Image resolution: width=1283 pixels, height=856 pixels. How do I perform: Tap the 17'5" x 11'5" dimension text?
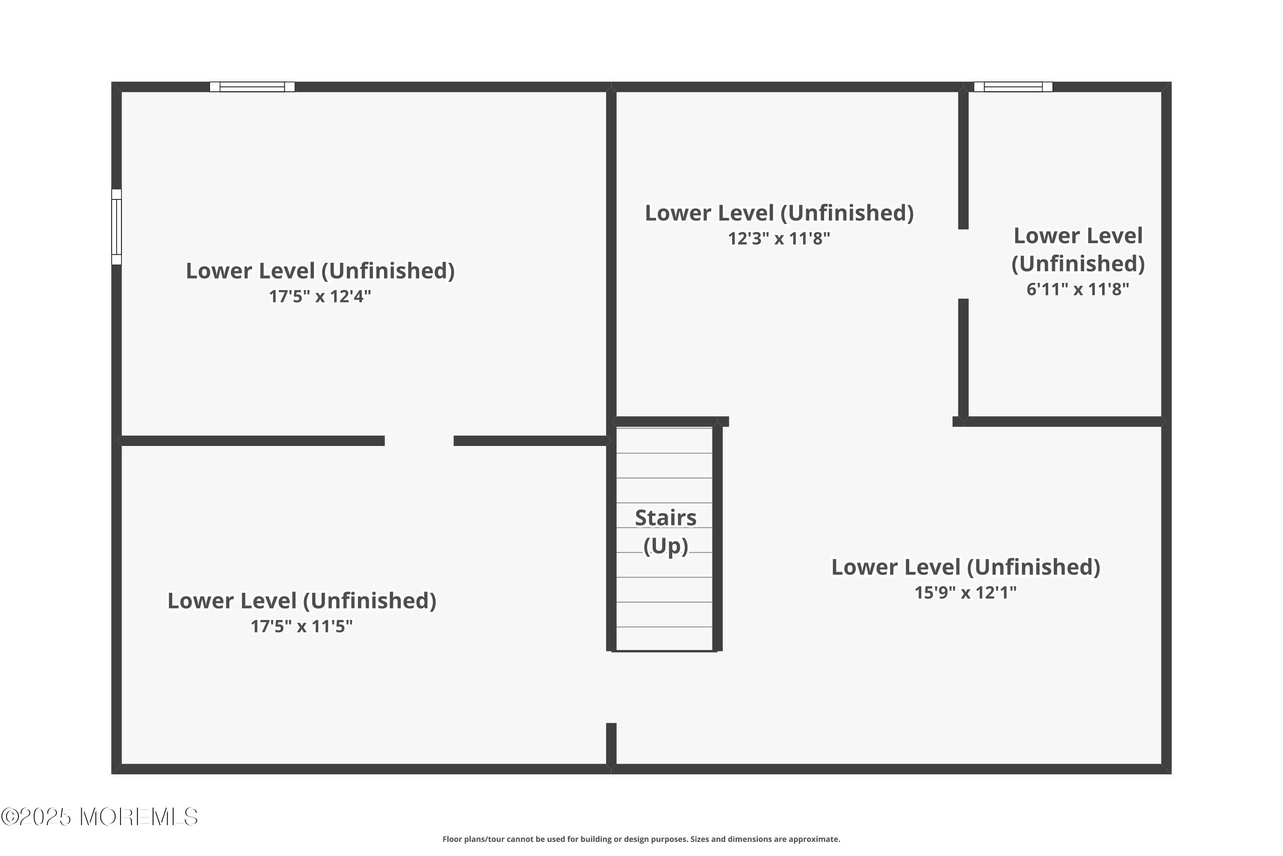coord(301,626)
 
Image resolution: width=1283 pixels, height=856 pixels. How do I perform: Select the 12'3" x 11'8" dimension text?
coord(778,238)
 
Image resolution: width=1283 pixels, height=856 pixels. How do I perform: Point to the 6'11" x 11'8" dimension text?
coord(1077,289)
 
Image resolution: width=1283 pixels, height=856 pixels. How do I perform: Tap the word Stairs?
coord(665,517)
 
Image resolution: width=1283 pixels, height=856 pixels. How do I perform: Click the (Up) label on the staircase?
coord(665,546)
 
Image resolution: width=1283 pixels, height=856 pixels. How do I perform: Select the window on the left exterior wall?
coord(116,227)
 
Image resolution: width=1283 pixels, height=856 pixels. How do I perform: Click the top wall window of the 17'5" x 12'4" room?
coord(252,87)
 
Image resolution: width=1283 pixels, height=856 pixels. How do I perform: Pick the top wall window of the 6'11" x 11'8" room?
coord(1013,87)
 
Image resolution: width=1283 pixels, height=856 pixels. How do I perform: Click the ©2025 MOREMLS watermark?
coord(99,817)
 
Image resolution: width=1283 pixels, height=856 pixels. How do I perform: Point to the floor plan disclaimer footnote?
coord(641,839)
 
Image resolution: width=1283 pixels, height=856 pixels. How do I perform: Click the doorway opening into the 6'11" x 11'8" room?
coord(964,264)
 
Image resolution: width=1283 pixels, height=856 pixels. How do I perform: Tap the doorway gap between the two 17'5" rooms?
coord(419,440)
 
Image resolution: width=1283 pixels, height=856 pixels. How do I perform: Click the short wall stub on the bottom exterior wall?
coord(611,743)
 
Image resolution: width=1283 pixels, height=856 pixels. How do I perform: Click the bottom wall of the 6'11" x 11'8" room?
coord(1061,422)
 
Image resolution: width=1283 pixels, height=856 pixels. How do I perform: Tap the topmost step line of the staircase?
coord(664,453)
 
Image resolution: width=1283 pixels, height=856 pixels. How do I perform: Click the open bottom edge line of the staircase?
coord(664,651)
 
